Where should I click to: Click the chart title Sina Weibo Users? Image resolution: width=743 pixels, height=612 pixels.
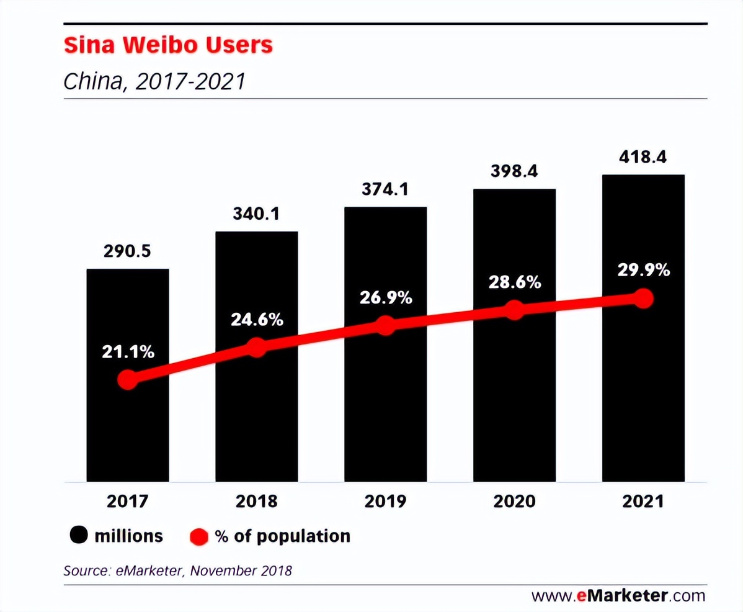pos(168,45)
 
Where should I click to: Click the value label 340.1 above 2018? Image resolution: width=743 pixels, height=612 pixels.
pos(257,214)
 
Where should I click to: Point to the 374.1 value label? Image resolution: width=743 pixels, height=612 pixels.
pos(385,189)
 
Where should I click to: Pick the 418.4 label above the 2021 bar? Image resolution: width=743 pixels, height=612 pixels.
pos(643,157)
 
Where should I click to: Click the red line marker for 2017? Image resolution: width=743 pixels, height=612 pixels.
pos(128,379)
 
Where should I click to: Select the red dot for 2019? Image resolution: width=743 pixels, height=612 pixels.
pos(385,325)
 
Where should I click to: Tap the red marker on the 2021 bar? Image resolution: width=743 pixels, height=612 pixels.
pos(644,299)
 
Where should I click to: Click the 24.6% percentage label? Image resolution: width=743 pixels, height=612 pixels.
pos(257,320)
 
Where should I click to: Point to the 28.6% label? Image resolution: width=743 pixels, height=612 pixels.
pos(514,282)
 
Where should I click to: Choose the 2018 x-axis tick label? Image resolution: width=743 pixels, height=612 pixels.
pos(256,501)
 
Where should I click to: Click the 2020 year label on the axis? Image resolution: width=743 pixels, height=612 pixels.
pos(514,501)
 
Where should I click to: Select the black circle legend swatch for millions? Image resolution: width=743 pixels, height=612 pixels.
pos(78,536)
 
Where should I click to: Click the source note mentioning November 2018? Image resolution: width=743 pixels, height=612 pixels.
pos(177,570)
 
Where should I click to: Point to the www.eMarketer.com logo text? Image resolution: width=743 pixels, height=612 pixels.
pos(618,596)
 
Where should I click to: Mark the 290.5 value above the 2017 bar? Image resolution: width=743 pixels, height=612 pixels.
pos(128,251)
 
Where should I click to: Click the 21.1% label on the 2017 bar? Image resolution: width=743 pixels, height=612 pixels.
pos(128,352)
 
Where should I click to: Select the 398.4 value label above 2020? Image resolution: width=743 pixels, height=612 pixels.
pos(514,171)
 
